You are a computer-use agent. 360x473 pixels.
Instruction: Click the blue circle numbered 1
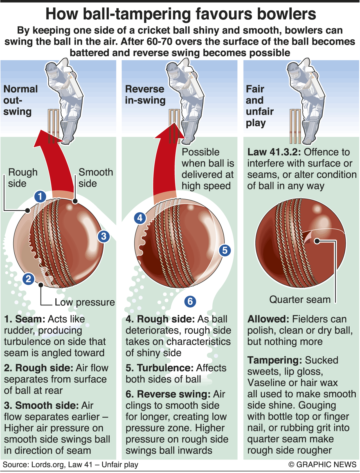[40, 196]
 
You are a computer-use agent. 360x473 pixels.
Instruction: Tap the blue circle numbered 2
[28, 279]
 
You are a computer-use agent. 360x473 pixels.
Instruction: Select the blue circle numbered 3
[103, 236]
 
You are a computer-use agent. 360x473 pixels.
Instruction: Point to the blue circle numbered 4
[140, 218]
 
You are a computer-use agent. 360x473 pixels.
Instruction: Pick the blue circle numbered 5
[225, 250]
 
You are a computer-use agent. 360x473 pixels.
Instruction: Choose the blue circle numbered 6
[190, 301]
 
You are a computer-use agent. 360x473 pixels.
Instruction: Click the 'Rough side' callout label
[22, 178]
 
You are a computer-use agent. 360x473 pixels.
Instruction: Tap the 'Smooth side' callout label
[96, 178]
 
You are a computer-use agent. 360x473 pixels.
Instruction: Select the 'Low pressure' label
[85, 302]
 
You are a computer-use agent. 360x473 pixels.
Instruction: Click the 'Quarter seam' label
[300, 299]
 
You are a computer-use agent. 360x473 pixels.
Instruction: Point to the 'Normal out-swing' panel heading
[20, 100]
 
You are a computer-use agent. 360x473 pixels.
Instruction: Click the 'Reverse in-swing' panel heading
[145, 94]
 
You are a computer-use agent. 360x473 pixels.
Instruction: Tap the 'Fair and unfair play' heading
[259, 106]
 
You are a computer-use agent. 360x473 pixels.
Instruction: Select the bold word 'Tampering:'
[274, 360]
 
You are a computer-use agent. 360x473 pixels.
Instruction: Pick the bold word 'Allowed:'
[268, 319]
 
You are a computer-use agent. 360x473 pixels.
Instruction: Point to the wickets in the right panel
[295, 127]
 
